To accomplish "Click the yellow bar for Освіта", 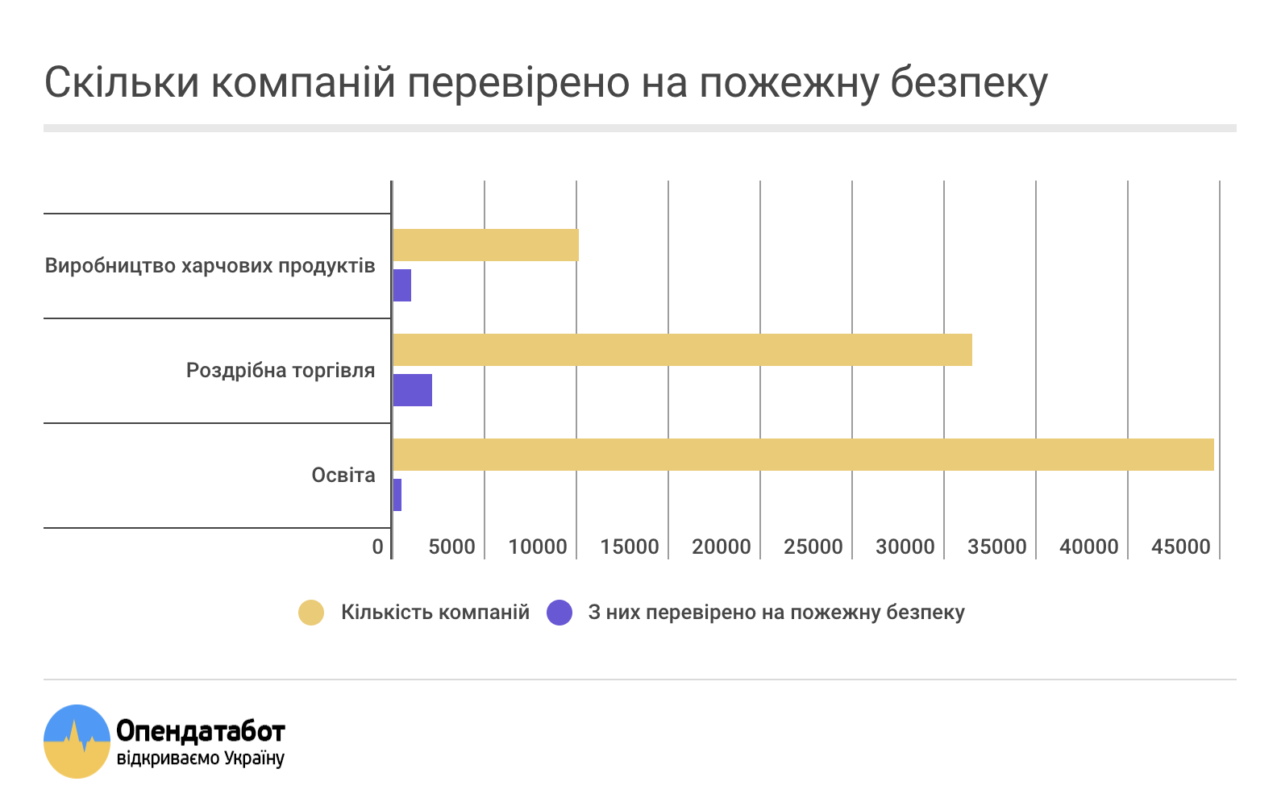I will click(803, 455).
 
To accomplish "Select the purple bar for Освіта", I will click(397, 495).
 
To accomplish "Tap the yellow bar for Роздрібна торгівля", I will click(682, 350).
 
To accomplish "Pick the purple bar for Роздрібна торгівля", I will click(412, 390).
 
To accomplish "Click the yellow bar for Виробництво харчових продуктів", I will click(485, 245).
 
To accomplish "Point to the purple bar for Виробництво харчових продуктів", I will click(401, 285).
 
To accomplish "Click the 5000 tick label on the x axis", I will click(451, 547).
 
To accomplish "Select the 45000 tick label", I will click(1180, 547).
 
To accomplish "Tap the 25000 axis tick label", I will click(813, 547).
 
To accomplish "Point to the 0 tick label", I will click(377, 547).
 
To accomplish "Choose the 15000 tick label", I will click(629, 547).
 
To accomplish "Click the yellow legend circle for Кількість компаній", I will click(311, 613).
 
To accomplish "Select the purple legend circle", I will click(559, 613).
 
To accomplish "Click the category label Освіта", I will click(343, 476).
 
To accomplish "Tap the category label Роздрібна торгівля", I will click(281, 371).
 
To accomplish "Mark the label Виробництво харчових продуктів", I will click(210, 266).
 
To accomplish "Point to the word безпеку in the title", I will click(969, 84).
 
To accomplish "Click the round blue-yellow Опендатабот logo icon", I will click(77, 742).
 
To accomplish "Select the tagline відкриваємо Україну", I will click(201, 759).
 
